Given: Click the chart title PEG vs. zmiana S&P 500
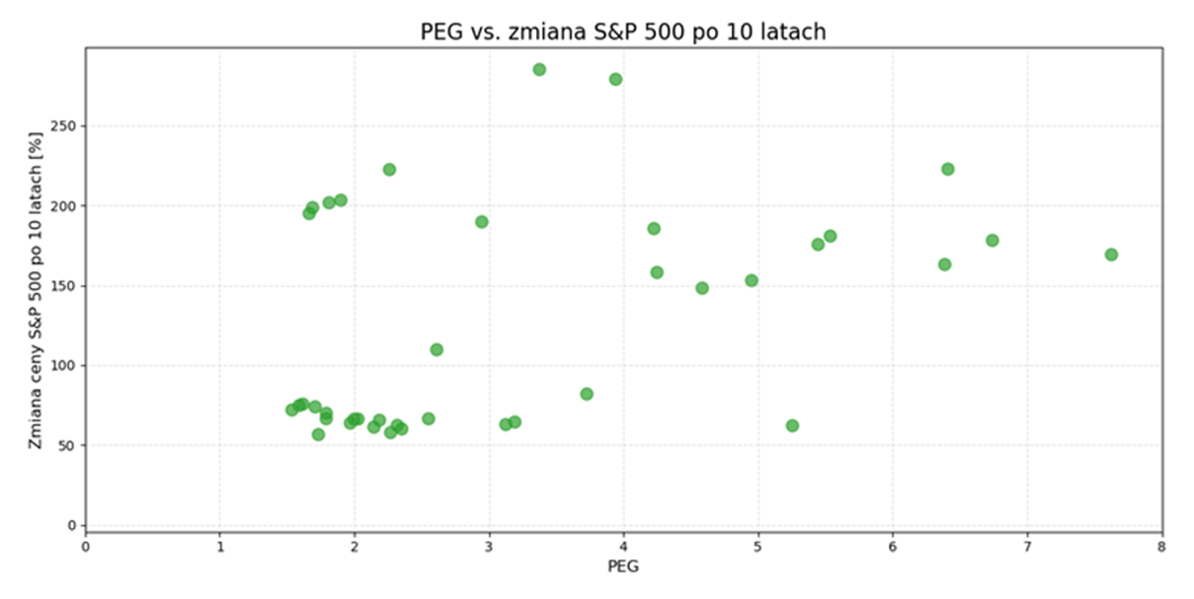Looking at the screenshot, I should pos(622,32).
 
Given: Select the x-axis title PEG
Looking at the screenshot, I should pos(623,566).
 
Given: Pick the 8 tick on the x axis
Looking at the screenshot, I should pos(1161,545).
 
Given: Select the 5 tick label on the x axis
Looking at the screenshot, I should pos(757,545).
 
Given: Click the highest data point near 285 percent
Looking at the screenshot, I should pos(539,69).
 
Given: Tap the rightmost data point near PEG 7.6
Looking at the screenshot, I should pos(1111,255).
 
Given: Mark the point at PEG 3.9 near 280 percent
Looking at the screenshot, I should pos(615,79).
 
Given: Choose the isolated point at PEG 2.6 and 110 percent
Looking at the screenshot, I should pos(437,349).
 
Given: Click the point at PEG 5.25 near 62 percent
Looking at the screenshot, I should pos(792,425).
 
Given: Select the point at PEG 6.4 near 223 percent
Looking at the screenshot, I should pos(947,169).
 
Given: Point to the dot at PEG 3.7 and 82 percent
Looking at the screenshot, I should pos(587,394).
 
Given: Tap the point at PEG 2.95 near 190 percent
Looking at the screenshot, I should pos(482,222).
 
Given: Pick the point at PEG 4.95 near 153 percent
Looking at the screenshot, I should pos(752,280).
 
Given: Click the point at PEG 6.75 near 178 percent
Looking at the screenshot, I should pos(993,241).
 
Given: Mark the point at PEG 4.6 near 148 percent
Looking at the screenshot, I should pos(702,288).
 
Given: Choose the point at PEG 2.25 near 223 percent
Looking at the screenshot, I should pos(389,170).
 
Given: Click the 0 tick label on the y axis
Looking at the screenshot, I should pos(71,525).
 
